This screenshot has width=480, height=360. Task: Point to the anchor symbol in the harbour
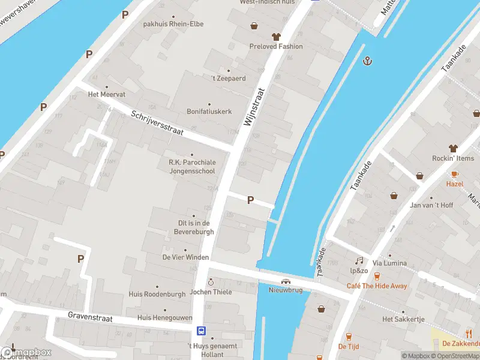367,61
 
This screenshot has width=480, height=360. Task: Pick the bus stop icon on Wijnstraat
202,331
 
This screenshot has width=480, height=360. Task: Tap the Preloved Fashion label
276,46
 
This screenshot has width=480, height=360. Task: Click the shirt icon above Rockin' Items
453,148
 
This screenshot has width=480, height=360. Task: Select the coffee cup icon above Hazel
454,173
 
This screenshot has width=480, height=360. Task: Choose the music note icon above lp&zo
359,260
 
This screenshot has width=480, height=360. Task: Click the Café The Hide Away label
376,286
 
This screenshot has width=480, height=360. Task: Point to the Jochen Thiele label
211,292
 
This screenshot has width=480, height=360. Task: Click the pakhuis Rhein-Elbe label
173,24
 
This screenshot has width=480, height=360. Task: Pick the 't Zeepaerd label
229,78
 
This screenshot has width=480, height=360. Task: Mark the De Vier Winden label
185,257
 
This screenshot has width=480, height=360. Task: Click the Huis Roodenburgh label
157,294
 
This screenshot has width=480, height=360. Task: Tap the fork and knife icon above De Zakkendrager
469,334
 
